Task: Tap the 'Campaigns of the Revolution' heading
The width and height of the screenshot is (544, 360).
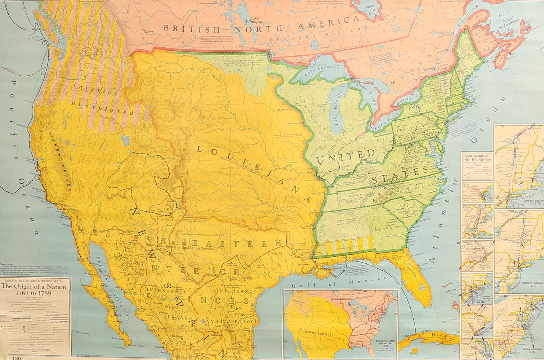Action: tap(477, 158)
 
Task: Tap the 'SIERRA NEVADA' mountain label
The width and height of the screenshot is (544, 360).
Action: tap(59, 160)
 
